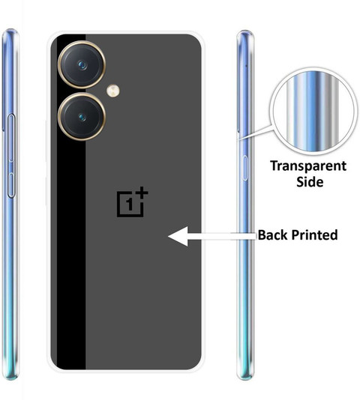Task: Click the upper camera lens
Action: pyautogui.click(x=82, y=65)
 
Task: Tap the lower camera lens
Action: pyautogui.click(x=82, y=117)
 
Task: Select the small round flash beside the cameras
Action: pyautogui.click(x=113, y=91)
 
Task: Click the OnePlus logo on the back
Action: pyautogui.click(x=132, y=201)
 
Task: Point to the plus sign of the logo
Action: pyautogui.click(x=142, y=193)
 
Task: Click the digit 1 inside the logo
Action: pyautogui.click(x=130, y=204)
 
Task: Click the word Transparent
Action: pyautogui.click(x=308, y=166)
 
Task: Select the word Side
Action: pyautogui.click(x=310, y=182)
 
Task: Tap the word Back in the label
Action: pyautogui.click(x=272, y=234)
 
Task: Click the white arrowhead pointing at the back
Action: pyautogui.click(x=178, y=236)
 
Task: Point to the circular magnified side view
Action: pyautogui.click(x=312, y=111)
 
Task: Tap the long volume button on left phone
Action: pyautogui.click(x=11, y=138)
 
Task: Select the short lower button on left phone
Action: pyautogui.click(x=11, y=185)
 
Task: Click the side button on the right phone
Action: pyautogui.click(x=244, y=168)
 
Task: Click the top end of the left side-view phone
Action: pyautogui.click(x=10, y=30)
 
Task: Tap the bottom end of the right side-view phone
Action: pyautogui.click(x=245, y=378)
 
